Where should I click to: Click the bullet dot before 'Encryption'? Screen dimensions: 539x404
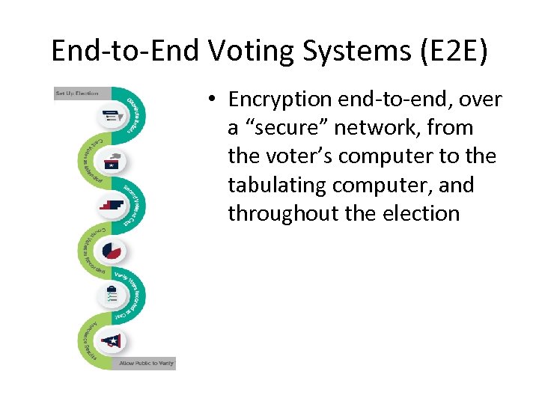[x=213, y=100]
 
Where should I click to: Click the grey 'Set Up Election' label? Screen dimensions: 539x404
[x=77, y=94]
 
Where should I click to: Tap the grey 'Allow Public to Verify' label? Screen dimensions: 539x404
[x=146, y=364]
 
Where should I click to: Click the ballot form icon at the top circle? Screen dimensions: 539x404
[x=113, y=116]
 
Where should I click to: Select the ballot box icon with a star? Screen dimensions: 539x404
[x=117, y=162]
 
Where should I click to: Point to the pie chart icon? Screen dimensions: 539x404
[x=113, y=251]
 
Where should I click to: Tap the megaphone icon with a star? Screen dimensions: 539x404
[x=112, y=340]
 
